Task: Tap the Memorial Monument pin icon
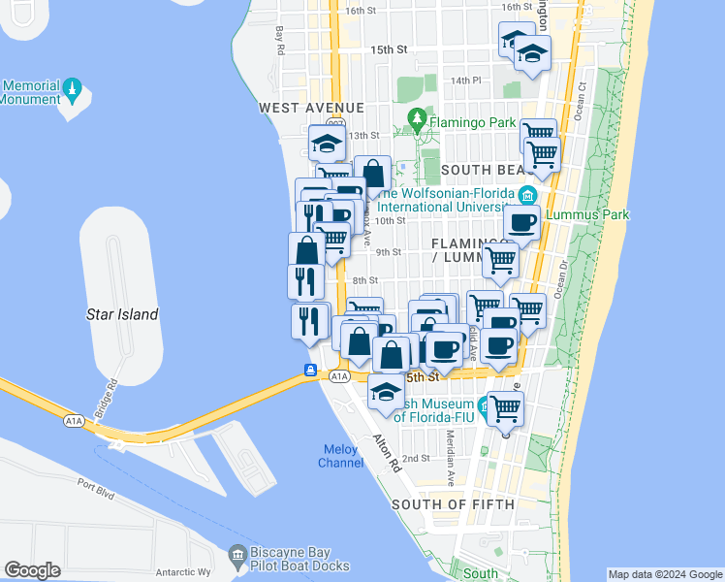[72, 91]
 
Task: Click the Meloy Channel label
[340, 455]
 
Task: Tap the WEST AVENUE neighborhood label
[311, 108]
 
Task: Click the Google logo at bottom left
[32, 570]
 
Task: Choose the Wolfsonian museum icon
[526, 196]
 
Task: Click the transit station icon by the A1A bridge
[311, 370]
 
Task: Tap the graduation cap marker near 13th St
[328, 144]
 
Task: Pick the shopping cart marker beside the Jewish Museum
[505, 408]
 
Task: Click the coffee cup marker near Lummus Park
[522, 222]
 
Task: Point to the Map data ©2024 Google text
[665, 574]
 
